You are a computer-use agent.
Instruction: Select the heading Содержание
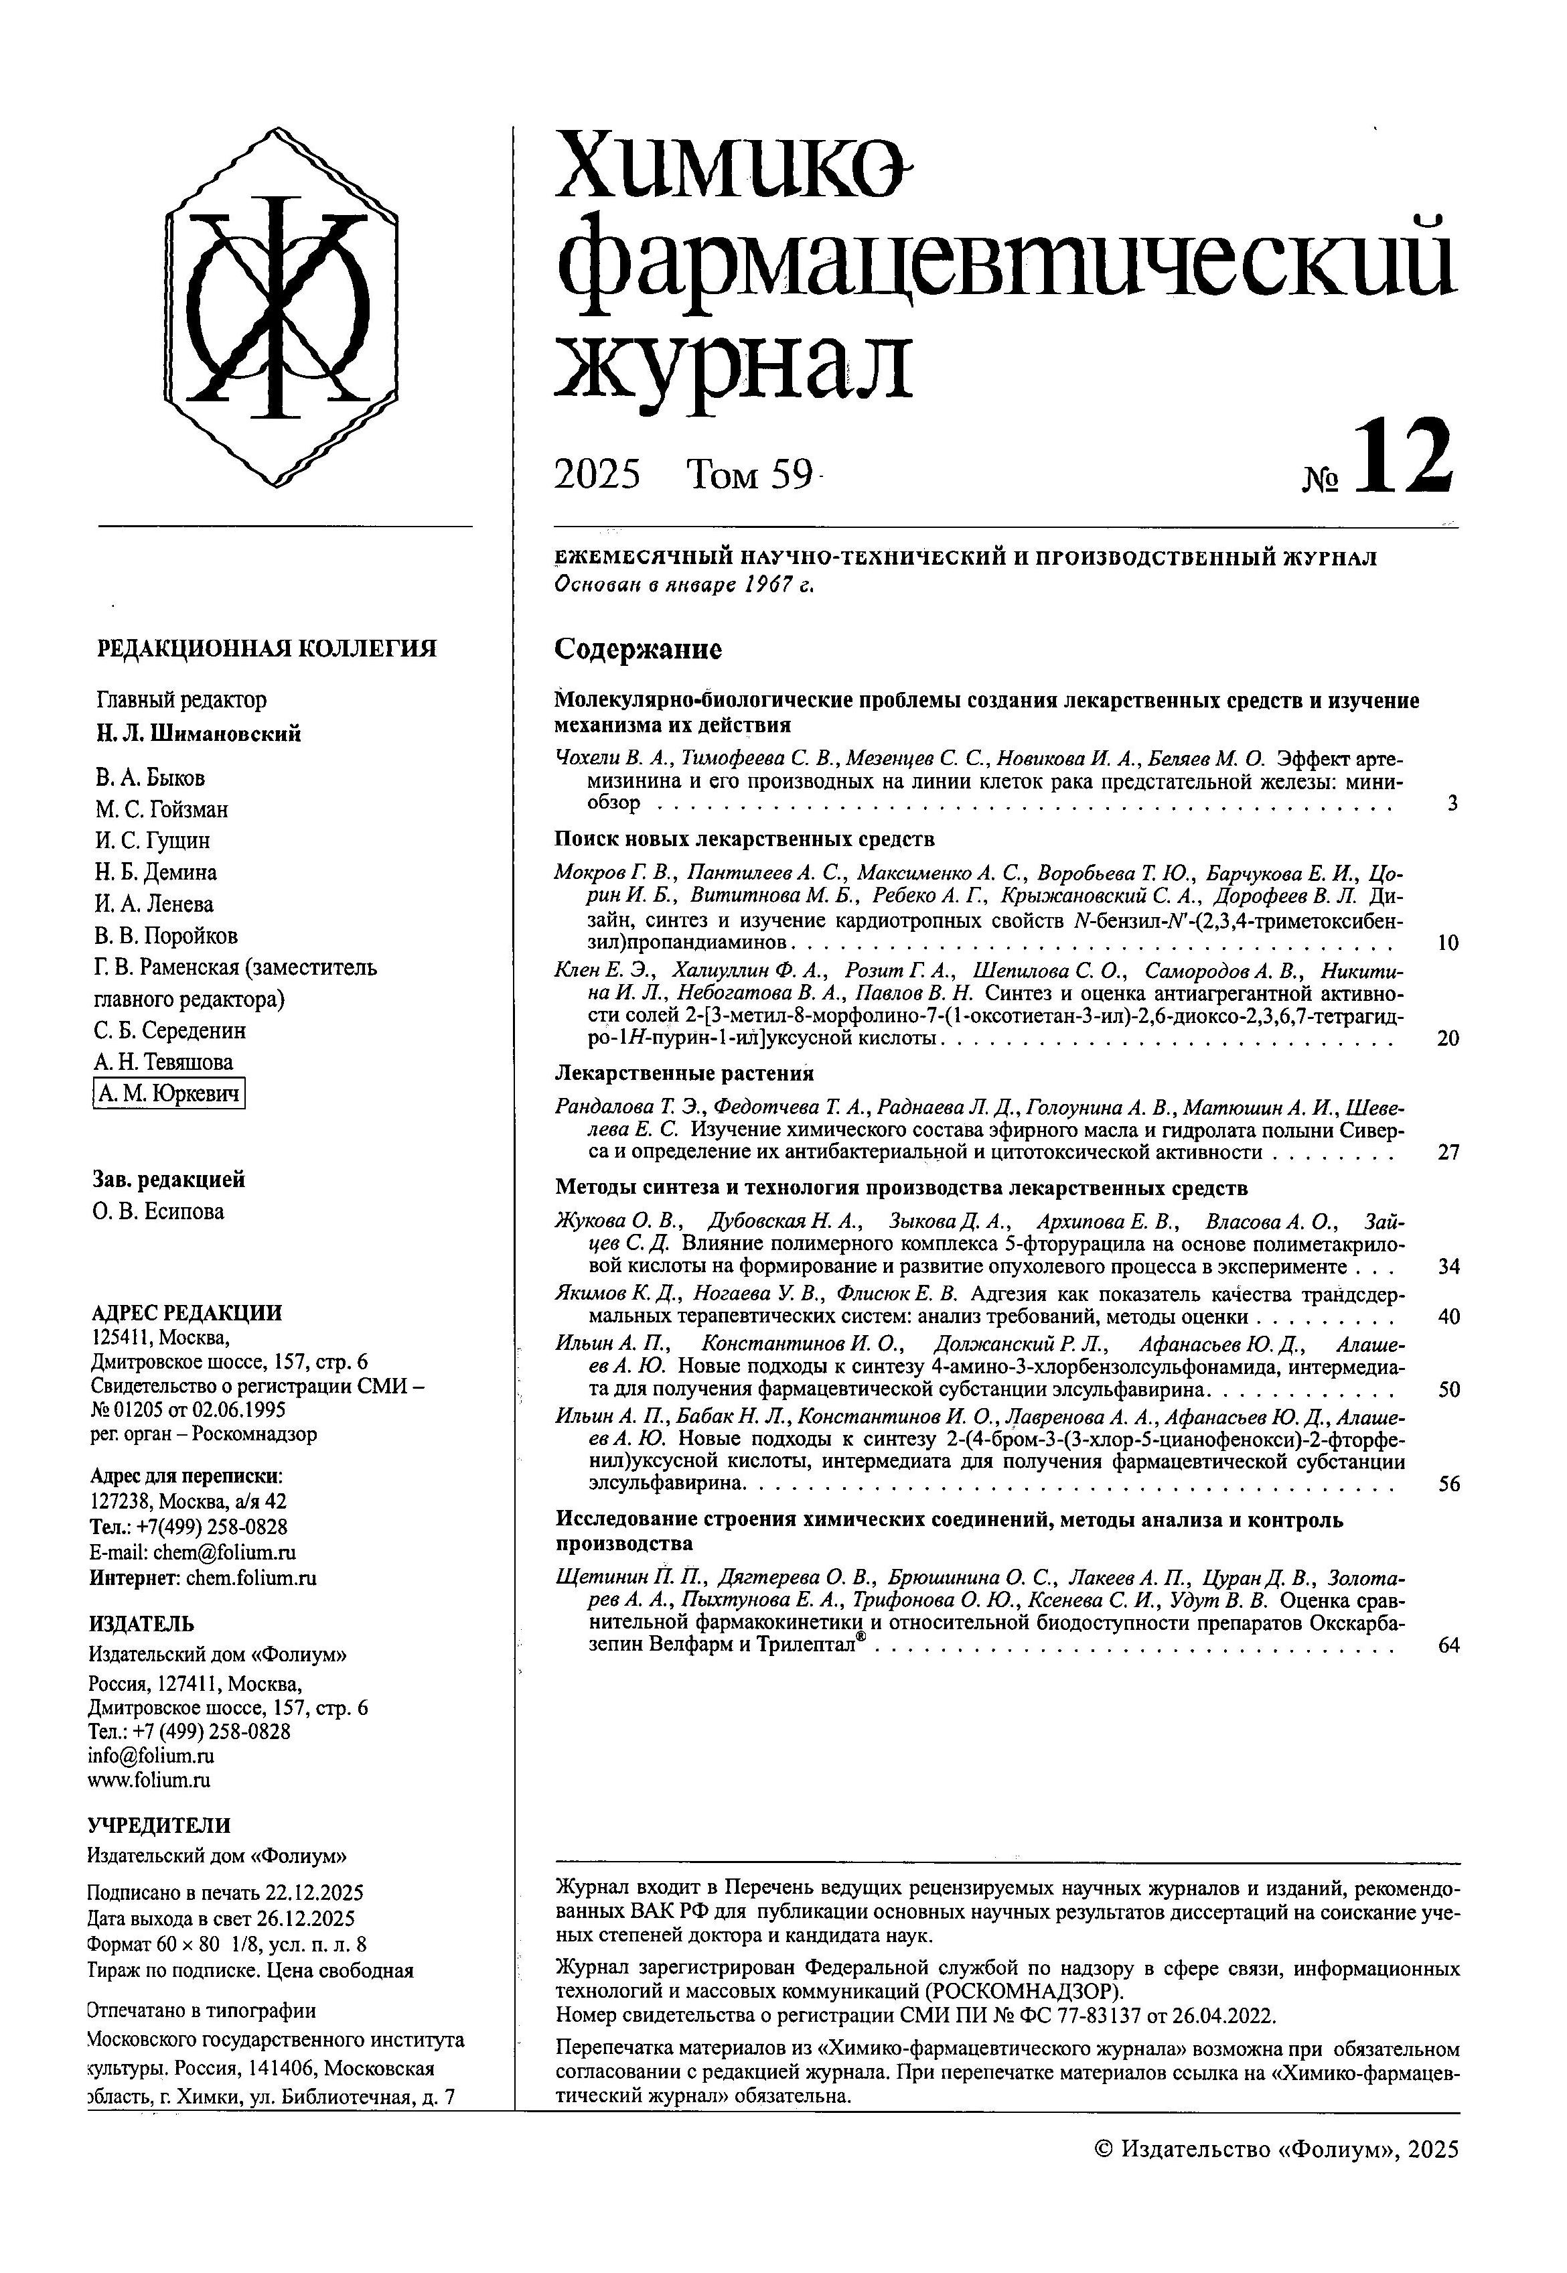(638, 649)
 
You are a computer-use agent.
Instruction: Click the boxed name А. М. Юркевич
(169, 1094)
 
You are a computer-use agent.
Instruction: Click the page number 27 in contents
(1447, 1152)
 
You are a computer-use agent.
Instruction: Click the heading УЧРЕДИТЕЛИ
(159, 1825)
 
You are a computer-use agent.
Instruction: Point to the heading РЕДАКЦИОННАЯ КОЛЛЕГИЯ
(267, 648)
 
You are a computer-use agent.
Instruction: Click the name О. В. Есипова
(159, 1211)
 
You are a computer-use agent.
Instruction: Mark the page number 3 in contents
(1451, 803)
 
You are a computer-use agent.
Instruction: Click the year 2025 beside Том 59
(597, 476)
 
